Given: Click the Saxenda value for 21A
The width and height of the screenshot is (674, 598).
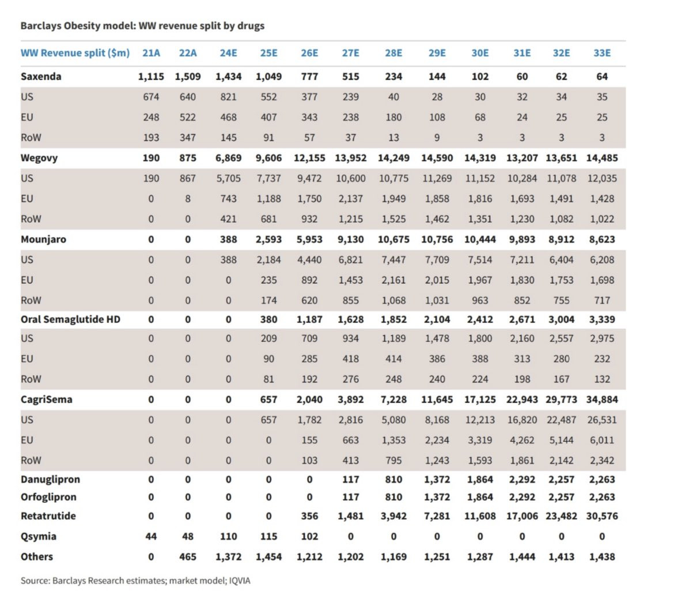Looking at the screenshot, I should [151, 77].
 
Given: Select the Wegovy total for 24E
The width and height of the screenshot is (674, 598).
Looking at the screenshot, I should [228, 158].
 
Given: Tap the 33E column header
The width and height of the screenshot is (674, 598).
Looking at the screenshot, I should [602, 53].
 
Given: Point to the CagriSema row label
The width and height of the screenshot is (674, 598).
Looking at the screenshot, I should [46, 400].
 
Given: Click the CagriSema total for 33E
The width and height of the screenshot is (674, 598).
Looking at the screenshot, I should [602, 400].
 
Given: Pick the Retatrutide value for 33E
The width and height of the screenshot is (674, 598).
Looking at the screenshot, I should [602, 516].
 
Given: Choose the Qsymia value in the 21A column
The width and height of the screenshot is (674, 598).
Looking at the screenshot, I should [151, 536].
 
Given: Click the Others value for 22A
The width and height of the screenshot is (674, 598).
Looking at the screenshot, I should [188, 557].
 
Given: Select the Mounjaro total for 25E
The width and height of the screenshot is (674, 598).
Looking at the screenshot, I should [268, 239].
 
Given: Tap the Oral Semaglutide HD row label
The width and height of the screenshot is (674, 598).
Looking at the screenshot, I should [70, 319].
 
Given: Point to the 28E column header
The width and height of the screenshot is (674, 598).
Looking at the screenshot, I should [393, 53].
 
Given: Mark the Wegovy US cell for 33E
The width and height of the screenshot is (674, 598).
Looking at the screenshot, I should [602, 179].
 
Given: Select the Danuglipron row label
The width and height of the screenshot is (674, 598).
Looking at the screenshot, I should [50, 480].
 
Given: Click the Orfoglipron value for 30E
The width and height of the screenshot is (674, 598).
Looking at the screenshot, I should [479, 497].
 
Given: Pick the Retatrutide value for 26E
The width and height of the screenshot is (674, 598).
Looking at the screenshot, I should [309, 516].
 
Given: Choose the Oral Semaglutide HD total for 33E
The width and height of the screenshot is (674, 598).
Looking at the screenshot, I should [602, 319].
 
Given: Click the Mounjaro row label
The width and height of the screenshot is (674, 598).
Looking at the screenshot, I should [43, 239].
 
